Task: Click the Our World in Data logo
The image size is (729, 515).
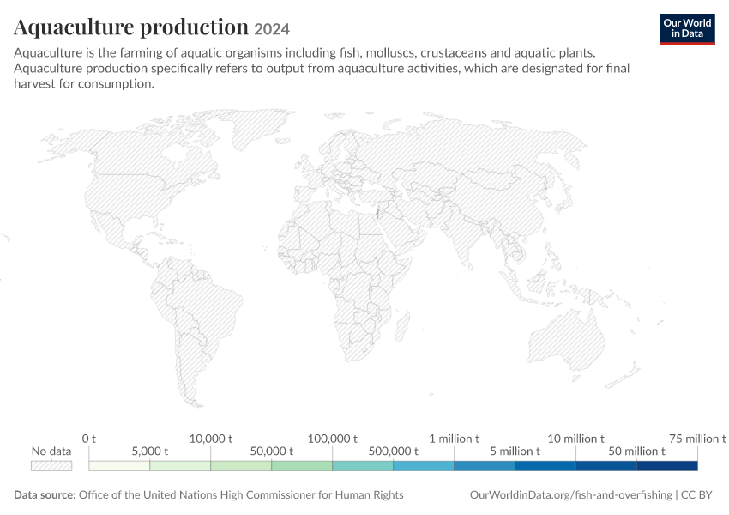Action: click(687, 29)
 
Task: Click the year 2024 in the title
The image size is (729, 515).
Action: click(272, 29)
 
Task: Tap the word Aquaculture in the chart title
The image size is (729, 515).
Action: click(74, 27)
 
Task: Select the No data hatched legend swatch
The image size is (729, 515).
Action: click(51, 466)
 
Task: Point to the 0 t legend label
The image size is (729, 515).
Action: click(89, 439)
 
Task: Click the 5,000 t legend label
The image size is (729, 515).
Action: click(150, 451)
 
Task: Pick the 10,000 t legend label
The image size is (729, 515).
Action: click(211, 439)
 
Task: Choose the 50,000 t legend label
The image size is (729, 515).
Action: click(272, 451)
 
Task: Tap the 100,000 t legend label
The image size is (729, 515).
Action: click(333, 439)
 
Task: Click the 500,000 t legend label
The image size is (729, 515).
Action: click(394, 451)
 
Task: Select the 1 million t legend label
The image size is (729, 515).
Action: click(454, 439)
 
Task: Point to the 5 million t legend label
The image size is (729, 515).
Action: click(515, 451)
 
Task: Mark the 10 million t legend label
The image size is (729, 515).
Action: click(575, 439)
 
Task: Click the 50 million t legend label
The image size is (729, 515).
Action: click(636, 451)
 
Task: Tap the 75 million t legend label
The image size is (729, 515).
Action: click(697, 439)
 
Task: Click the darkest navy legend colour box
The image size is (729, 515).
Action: click(667, 466)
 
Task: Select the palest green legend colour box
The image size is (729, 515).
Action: click(119, 466)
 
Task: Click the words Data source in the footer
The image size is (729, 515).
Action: click(45, 494)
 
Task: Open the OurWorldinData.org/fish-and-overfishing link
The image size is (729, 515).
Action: click(571, 494)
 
